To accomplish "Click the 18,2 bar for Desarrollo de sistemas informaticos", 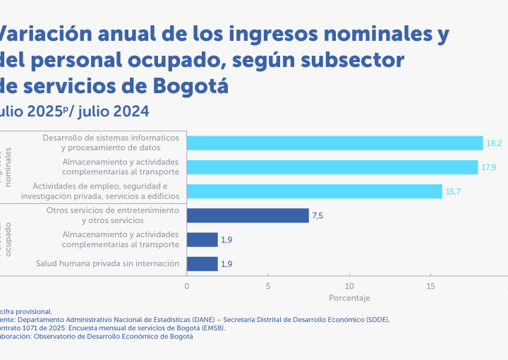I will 334,143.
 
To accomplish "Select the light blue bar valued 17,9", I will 332,167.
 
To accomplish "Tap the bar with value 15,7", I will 314,191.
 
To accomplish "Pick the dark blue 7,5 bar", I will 248,215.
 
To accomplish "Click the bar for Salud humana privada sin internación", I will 202,263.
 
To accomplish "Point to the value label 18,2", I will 494,143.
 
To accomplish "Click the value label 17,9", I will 489,167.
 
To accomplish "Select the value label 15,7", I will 453,191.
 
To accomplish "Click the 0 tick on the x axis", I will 186,286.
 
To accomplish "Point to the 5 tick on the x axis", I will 268,286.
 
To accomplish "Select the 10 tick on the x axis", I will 349,286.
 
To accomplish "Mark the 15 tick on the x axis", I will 430,286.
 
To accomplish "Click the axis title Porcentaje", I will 349,298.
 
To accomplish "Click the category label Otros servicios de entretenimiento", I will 113,210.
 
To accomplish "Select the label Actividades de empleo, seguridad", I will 111,186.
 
